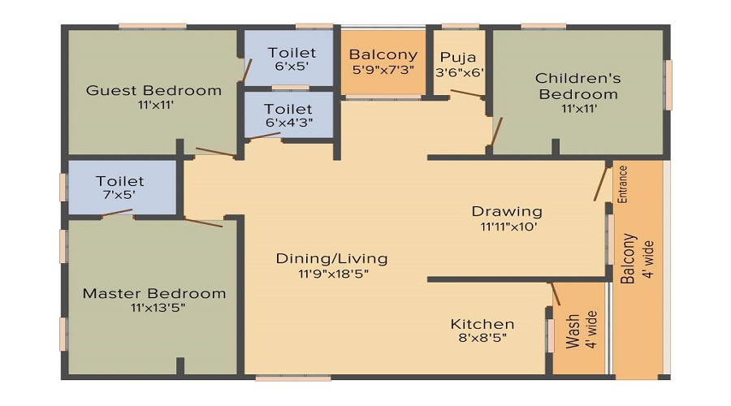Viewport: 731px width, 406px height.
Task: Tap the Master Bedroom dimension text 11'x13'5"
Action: pyautogui.click(x=154, y=308)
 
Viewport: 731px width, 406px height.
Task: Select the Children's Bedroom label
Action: pyautogui.click(x=577, y=86)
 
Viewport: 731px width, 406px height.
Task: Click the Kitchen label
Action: pyautogui.click(x=482, y=324)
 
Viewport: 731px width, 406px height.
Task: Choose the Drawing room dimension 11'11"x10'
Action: pyautogui.click(x=508, y=227)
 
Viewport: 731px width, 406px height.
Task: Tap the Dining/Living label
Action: pyautogui.click(x=331, y=259)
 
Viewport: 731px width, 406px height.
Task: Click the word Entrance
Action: pyautogui.click(x=623, y=184)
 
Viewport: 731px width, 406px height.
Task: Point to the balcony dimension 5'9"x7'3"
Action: pyautogui.click(x=383, y=69)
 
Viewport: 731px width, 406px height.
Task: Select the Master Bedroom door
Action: pyautogui.click(x=203, y=222)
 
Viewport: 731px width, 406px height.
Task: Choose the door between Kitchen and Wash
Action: pyautogui.click(x=555, y=293)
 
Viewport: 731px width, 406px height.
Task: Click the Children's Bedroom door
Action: pyautogui.click(x=496, y=133)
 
